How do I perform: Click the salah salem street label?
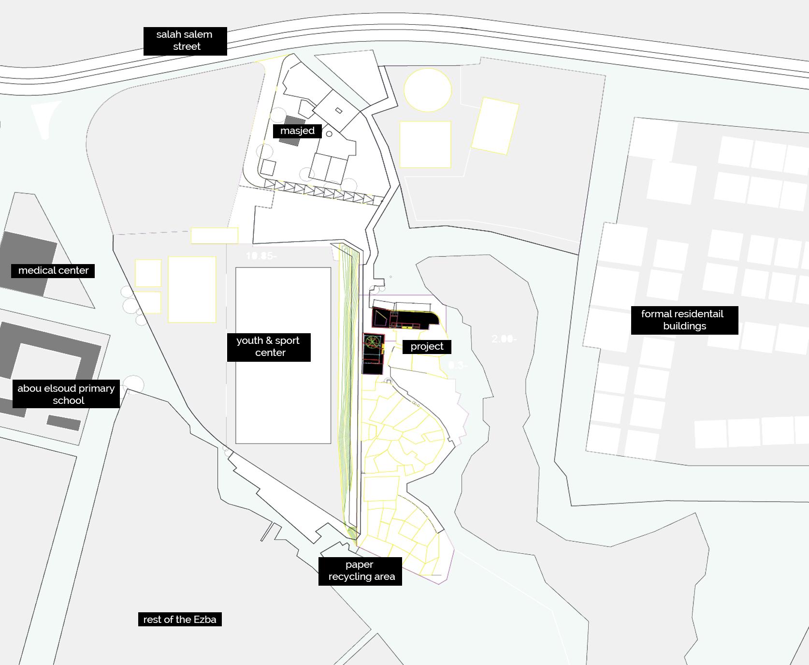(x=185, y=41)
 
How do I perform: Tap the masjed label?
(x=297, y=131)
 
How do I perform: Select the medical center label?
(x=53, y=270)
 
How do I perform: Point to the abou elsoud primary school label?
(x=66, y=394)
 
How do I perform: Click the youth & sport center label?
(x=269, y=347)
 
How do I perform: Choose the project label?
(x=427, y=346)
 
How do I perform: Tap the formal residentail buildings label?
(x=684, y=320)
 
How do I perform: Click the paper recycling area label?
(x=360, y=571)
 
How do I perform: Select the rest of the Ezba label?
(x=180, y=620)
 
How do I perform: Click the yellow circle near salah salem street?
(x=427, y=90)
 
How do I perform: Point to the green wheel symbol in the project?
(x=373, y=342)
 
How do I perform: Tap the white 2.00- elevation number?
(x=504, y=339)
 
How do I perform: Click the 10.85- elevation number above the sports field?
(x=261, y=256)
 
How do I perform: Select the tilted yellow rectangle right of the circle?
(x=495, y=126)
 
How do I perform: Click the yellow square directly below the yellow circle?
(x=425, y=144)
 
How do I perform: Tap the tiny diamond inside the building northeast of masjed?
(x=339, y=111)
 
